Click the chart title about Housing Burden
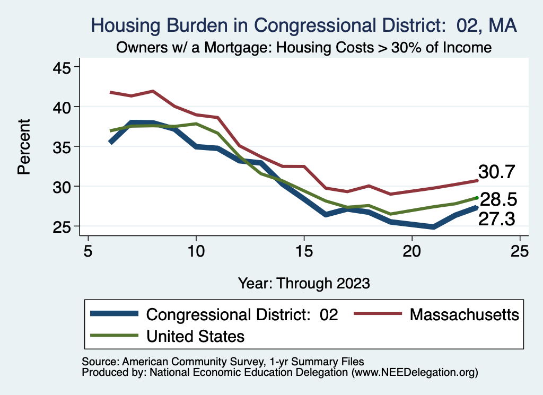tap(304, 25)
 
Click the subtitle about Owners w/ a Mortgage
tap(304, 47)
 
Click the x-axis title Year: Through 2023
tap(304, 283)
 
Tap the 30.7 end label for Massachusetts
tap(497, 172)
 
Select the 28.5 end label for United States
tap(498, 200)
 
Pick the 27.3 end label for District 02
tap(497, 219)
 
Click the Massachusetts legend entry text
tap(464, 314)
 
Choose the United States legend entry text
tap(195, 336)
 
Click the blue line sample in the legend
tap(114, 314)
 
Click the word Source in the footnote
tap(99, 362)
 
